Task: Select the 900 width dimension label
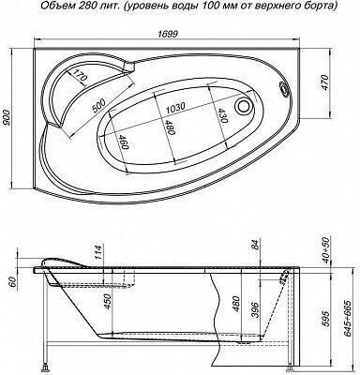coord(7,118)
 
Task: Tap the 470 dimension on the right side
coord(324,82)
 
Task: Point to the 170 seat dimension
coord(79,76)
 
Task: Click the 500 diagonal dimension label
coord(99,105)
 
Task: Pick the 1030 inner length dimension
coord(175,108)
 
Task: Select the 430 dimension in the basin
coord(221,115)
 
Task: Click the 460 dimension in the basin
coord(124,142)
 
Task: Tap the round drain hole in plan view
coord(244,105)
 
